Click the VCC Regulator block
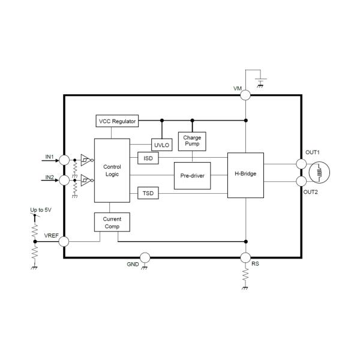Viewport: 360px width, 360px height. click(x=118, y=121)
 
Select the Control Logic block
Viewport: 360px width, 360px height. click(x=112, y=170)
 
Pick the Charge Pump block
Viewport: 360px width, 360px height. click(x=192, y=142)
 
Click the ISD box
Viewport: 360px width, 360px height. click(x=147, y=158)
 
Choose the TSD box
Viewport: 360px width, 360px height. click(x=147, y=193)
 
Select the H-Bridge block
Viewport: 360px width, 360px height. click(x=245, y=174)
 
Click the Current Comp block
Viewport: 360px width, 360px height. click(x=112, y=223)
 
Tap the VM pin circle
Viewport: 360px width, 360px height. click(x=245, y=94)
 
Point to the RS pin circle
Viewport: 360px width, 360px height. click(x=245, y=257)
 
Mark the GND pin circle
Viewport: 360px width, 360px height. click(x=145, y=257)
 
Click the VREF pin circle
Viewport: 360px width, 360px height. click(x=64, y=242)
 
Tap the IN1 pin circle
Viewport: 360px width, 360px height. click(x=64, y=160)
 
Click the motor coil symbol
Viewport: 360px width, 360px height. click(x=320, y=173)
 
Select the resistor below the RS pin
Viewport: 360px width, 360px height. click(x=245, y=277)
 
